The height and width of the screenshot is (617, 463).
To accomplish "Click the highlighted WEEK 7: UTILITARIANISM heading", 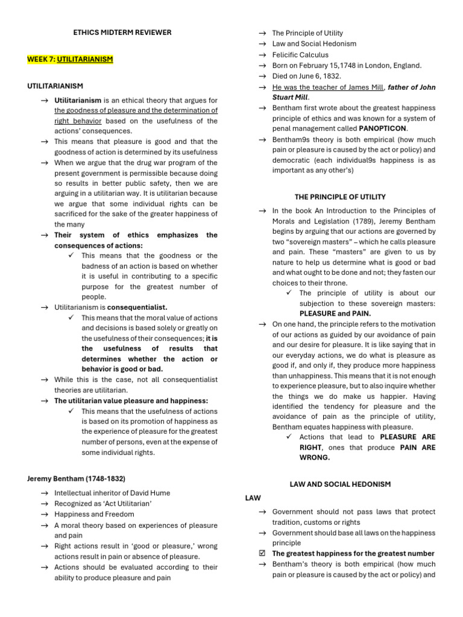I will tap(70, 60).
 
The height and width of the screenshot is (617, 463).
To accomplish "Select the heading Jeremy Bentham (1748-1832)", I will tap(76, 478).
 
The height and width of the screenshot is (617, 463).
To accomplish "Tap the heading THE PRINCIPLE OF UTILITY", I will tap(340, 197).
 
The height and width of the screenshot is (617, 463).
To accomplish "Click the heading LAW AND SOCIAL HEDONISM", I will tap(340, 484).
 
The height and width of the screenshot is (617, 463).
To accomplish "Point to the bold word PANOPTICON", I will tap(383, 128).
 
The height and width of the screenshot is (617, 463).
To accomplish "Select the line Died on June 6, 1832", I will tap(306, 77).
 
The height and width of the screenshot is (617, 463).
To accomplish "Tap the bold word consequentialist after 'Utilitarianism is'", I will tap(137, 307).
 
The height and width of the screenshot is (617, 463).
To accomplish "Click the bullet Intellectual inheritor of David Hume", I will tap(112, 493).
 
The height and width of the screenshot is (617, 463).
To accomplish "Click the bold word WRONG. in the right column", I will tap(315, 457).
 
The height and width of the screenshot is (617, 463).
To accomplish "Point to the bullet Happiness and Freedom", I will tap(94, 515).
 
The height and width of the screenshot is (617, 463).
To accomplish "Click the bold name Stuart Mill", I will tap(290, 98).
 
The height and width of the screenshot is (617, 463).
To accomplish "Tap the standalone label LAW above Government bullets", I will tap(253, 498).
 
